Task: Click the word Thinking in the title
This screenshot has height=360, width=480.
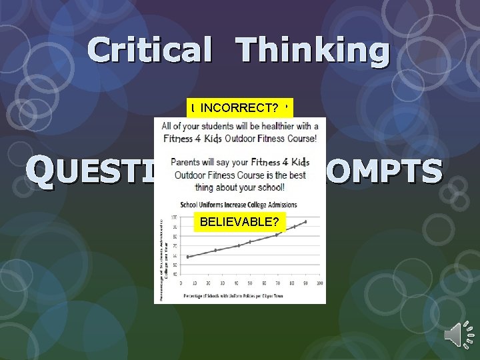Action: point(313,51)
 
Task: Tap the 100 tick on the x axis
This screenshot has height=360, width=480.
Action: point(319,283)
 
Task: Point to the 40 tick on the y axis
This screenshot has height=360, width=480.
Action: point(175,274)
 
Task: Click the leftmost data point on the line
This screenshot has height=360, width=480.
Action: point(188,257)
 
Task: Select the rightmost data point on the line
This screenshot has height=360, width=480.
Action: point(305,221)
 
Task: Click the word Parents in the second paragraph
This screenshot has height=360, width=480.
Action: point(189,162)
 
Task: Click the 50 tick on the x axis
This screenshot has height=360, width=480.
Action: point(250,283)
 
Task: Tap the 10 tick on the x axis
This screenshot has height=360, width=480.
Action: point(195,283)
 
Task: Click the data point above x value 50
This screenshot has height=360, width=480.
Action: point(250,241)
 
